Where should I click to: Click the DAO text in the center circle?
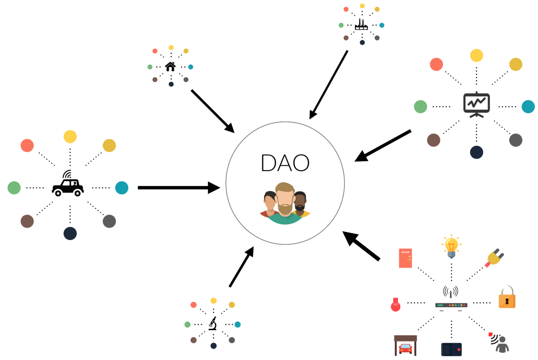[285, 163]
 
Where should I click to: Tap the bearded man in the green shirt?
[285, 204]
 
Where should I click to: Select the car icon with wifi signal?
[68, 186]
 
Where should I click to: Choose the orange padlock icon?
[507, 298]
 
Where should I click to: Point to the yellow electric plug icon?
[494, 258]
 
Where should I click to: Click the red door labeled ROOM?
[405, 258]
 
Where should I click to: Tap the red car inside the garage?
[406, 348]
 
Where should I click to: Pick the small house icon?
[170, 66]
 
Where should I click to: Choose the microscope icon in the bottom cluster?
[213, 323]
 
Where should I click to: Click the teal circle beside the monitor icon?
[528, 107]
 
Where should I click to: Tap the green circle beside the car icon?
[14, 188]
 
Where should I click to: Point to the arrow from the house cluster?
[212, 111]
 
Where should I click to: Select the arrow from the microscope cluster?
[241, 267]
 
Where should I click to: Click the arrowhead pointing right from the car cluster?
[214, 188]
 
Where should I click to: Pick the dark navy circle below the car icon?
[70, 234]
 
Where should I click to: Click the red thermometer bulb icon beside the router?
[396, 305]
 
